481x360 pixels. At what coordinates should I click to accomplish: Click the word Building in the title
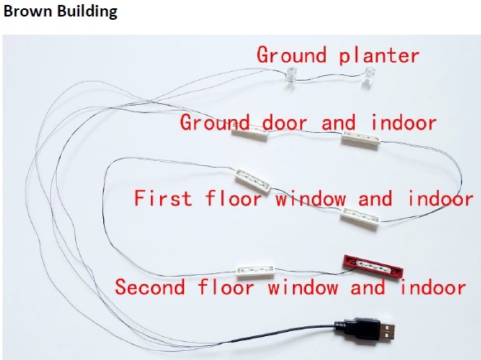tap(87, 12)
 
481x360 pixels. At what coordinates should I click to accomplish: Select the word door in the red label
tap(285, 122)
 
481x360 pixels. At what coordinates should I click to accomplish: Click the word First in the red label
tap(163, 198)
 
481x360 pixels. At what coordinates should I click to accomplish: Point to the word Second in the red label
tap(150, 287)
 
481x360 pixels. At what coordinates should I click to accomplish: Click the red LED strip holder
tap(373, 266)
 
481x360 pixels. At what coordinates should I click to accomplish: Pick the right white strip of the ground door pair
tap(361, 140)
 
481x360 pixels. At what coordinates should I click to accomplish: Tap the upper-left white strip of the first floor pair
tap(253, 181)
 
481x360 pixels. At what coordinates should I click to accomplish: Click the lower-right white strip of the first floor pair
tap(361, 217)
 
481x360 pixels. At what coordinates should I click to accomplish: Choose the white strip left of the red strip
tap(256, 271)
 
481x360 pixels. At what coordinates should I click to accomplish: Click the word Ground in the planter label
tap(291, 55)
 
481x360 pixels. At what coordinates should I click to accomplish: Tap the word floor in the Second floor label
tap(226, 287)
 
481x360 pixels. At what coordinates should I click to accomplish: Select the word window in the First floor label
tap(310, 198)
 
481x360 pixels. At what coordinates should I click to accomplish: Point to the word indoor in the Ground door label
tap(403, 122)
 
